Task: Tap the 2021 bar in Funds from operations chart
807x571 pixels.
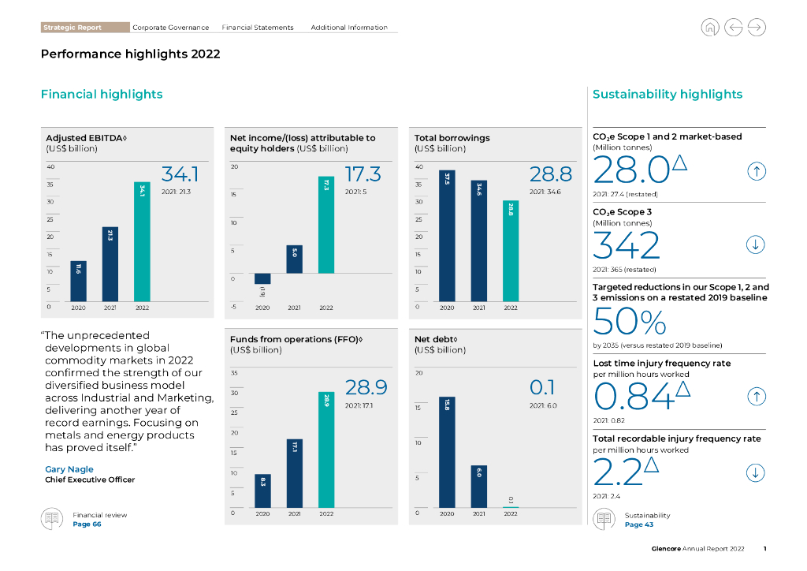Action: point(295,473)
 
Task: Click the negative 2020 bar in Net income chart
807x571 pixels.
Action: point(262,278)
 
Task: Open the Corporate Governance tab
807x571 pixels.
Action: point(170,28)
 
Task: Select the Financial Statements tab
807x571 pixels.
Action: point(258,28)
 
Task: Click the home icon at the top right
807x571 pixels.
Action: point(710,28)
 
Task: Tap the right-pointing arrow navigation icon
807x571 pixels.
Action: point(756,28)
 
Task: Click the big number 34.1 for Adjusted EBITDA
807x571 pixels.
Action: point(180,174)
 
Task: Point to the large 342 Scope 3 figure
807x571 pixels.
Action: point(627,246)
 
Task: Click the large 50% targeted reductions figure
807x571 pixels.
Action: point(629,322)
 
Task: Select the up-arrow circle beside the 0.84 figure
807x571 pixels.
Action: point(756,397)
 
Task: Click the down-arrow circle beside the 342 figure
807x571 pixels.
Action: point(756,245)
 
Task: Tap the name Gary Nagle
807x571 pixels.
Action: point(69,469)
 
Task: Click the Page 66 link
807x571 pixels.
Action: point(87,524)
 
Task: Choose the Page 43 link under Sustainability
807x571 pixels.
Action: point(639,524)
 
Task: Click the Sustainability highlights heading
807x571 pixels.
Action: point(667,95)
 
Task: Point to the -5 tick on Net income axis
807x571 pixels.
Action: point(234,307)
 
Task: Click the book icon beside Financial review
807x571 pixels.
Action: point(52,519)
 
